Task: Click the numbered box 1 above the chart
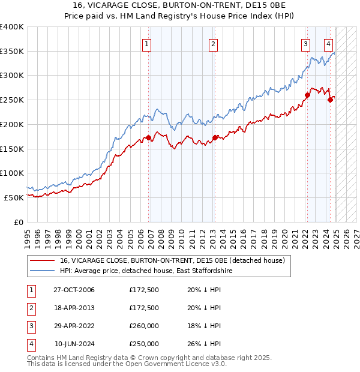[146, 43]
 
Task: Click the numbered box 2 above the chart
[213, 43]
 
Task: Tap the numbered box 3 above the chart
[305, 43]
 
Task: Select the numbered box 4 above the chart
[329, 43]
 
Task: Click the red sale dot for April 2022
[307, 94]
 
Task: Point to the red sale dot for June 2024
[329, 100]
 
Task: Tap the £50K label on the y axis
[14, 197]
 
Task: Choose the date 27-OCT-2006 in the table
[74, 290]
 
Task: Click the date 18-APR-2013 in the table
[74, 308]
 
